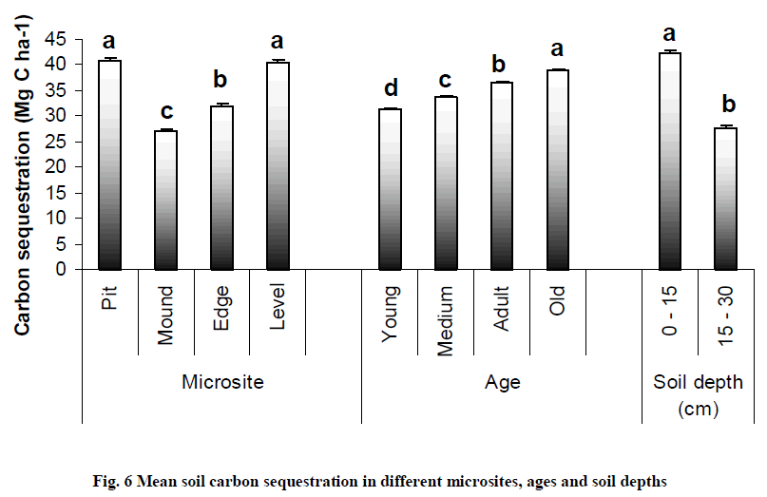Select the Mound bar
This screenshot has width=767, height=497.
point(165,200)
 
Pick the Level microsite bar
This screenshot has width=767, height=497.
point(278,165)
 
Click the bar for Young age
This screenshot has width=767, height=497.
point(390,189)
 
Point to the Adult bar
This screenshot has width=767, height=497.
point(502,176)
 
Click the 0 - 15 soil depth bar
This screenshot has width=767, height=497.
point(669,161)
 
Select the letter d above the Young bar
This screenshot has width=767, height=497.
point(390,89)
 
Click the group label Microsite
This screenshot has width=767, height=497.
point(221,382)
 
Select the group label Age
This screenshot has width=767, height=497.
point(502,382)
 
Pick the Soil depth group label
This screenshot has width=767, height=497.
point(698,382)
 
